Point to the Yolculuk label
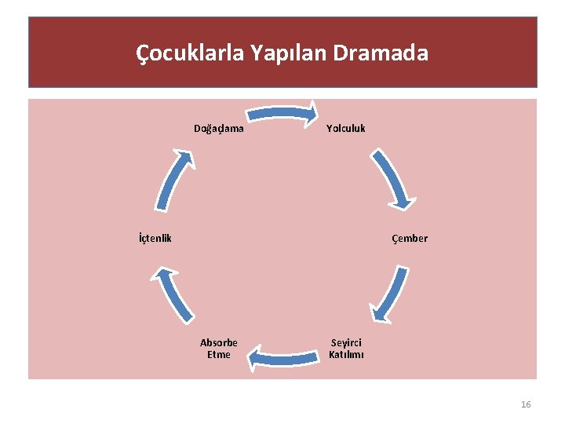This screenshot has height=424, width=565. click(x=346, y=128)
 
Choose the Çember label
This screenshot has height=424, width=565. click(x=410, y=239)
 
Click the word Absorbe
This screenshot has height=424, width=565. click(x=219, y=343)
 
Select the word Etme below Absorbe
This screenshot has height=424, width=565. click(x=219, y=355)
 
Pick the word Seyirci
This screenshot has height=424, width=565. click(x=346, y=343)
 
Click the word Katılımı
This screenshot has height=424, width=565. click(x=346, y=355)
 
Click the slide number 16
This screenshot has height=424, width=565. click(x=526, y=404)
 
